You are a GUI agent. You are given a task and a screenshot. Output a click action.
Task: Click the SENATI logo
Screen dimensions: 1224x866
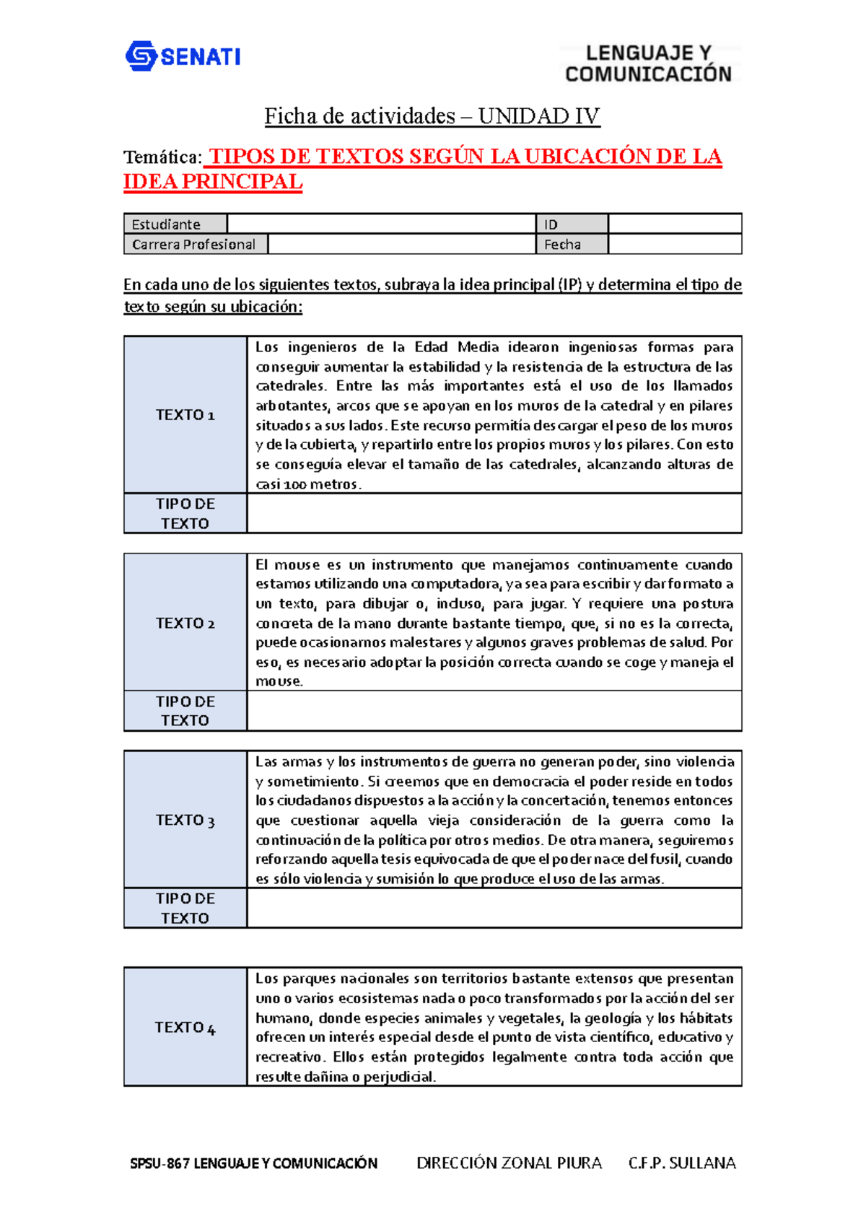coord(183,56)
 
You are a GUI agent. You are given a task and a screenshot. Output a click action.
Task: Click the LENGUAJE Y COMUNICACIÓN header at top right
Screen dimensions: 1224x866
coord(648,64)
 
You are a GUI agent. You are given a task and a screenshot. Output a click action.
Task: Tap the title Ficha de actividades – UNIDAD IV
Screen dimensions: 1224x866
coord(432,116)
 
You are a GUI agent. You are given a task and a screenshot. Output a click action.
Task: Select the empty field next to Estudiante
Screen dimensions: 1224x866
coord(380,224)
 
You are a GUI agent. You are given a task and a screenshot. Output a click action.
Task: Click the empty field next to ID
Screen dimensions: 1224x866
coord(674,224)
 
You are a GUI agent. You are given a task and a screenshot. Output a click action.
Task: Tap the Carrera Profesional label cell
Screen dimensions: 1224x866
coord(195,245)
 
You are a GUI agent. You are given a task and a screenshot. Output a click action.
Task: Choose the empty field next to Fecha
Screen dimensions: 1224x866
coord(674,245)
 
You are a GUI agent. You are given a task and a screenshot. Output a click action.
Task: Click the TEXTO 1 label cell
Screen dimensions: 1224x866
coord(185,415)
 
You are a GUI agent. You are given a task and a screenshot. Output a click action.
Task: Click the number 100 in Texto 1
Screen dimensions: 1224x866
coord(294,485)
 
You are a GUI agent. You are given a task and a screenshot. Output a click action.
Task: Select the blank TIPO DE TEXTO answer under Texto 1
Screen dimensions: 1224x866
coord(494,513)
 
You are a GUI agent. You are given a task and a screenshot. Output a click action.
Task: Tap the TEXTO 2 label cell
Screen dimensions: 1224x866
coord(185,623)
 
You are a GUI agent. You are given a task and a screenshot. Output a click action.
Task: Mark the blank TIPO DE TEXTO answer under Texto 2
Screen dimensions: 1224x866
coord(494,711)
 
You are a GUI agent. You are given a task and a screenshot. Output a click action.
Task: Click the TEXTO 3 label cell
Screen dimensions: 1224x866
coord(185,820)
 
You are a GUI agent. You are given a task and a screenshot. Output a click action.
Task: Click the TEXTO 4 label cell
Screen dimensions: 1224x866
coord(185,1027)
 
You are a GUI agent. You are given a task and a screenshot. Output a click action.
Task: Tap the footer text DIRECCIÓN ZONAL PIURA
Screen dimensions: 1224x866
coord(509,1163)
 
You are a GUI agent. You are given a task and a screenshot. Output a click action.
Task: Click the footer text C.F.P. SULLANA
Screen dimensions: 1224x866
coord(681,1163)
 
